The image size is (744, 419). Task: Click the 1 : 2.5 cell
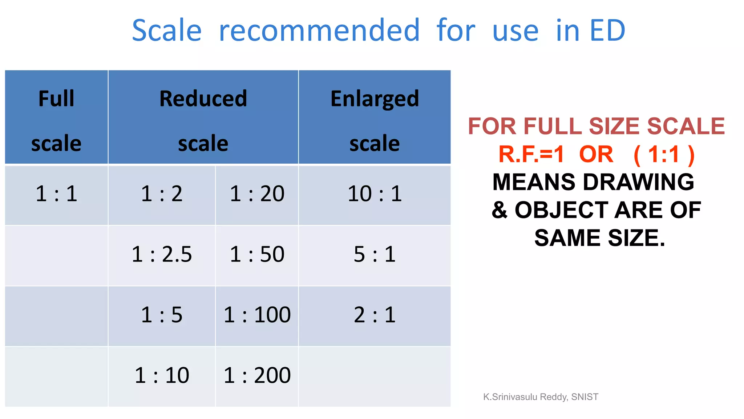tap(162, 254)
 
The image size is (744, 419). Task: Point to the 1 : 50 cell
tap(257, 254)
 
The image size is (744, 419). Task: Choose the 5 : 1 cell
tap(375, 254)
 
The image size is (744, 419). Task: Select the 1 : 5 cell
tap(162, 315)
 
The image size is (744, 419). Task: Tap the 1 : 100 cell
tap(257, 315)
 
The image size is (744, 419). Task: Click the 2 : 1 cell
tap(375, 315)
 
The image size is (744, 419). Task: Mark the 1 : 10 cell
tap(162, 375)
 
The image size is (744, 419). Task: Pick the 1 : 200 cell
tap(257, 375)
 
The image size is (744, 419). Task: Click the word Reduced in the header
tap(203, 99)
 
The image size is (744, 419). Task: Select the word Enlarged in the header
tap(375, 99)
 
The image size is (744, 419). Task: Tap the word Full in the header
tap(56, 99)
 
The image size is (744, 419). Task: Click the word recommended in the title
tap(319, 31)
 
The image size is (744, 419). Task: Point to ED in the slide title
tap(607, 31)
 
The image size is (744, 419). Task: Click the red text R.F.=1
tap(531, 154)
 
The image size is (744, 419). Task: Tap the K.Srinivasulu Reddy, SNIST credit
tap(540, 397)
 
